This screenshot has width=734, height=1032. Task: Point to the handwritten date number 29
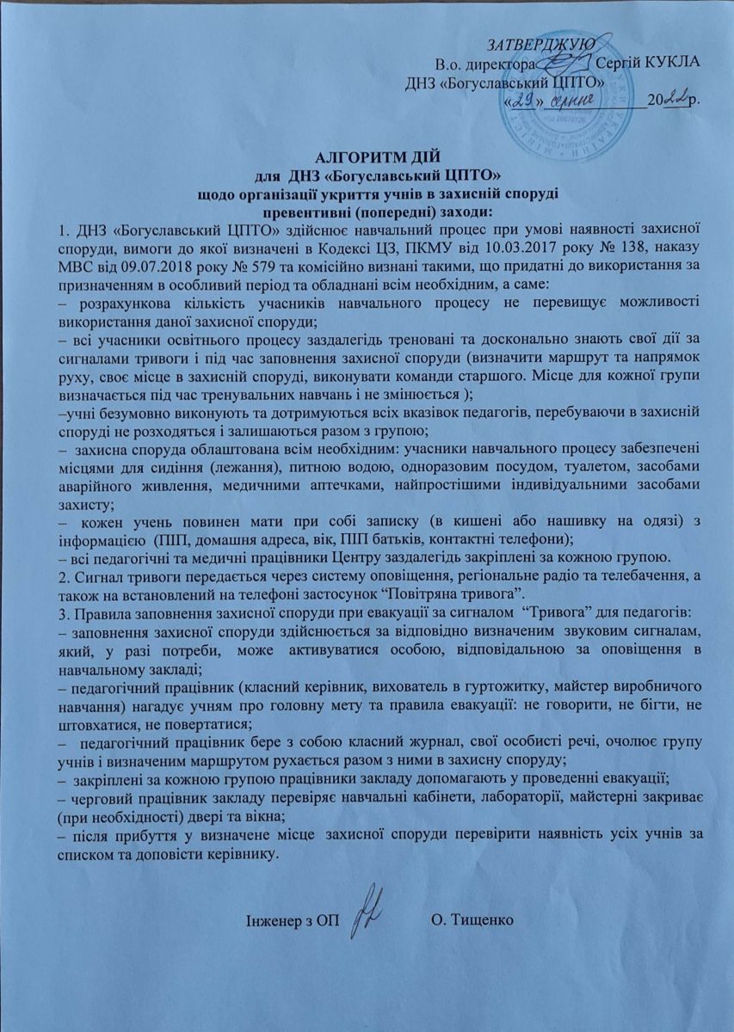pyautogui.click(x=523, y=101)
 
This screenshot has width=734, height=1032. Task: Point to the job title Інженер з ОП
pyautogui.click(x=293, y=922)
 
